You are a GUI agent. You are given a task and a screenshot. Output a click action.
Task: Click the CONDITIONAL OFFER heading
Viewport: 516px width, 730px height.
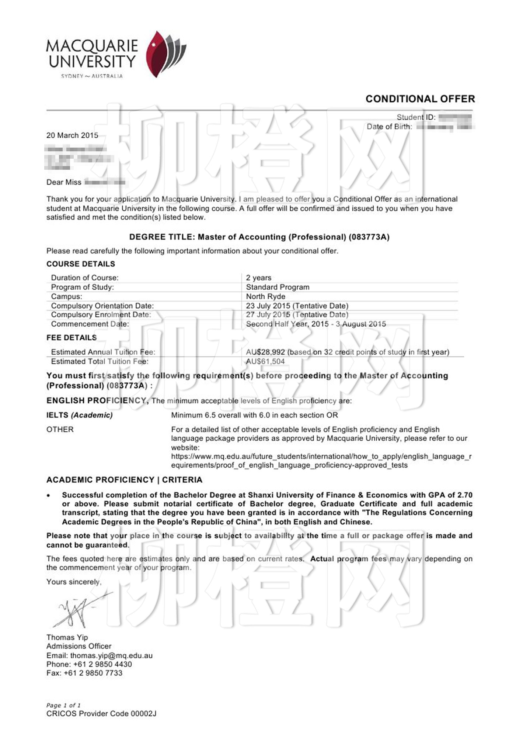pyautogui.click(x=420, y=99)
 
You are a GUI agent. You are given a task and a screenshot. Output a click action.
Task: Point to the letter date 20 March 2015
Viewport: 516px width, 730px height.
pyautogui.click(x=72, y=135)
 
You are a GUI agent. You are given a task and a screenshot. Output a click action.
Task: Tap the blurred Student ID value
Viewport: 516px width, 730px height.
pyautogui.click(x=455, y=117)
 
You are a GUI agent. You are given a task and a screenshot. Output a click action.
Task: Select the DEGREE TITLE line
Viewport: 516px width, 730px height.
pyautogui.click(x=259, y=237)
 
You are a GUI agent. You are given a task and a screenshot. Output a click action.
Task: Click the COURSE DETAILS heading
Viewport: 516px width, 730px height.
pyautogui.click(x=81, y=264)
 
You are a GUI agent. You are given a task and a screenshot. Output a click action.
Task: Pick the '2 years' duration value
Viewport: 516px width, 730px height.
pyautogui.click(x=258, y=278)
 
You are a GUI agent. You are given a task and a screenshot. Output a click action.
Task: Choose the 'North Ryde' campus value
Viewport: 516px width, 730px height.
pyautogui.click(x=265, y=296)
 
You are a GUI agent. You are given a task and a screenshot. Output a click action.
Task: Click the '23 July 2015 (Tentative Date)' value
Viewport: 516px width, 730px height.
pyautogui.click(x=297, y=306)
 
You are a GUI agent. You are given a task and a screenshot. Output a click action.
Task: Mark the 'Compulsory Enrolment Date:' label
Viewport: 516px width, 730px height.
pyautogui.click(x=101, y=315)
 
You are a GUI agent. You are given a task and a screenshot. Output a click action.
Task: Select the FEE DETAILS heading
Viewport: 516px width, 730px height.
pyautogui.click(x=72, y=338)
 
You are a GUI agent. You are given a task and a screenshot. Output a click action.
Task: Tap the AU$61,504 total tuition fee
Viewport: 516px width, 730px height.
pyautogui.click(x=265, y=361)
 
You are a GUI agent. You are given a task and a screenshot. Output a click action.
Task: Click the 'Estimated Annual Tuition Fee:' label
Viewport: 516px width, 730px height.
pyautogui.click(x=103, y=352)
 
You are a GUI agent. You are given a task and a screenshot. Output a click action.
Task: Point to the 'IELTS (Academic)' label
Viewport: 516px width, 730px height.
pyautogui.click(x=80, y=415)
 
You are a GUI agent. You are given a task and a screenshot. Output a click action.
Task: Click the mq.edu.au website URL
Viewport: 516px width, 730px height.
pyautogui.click(x=321, y=461)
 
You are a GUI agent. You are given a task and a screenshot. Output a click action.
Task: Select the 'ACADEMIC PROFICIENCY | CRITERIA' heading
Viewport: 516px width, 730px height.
pyautogui.click(x=124, y=480)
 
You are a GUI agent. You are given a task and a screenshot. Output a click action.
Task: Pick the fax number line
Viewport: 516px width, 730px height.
pyautogui.click(x=84, y=673)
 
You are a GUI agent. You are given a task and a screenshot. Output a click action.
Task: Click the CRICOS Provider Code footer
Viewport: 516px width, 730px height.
pyautogui.click(x=101, y=713)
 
